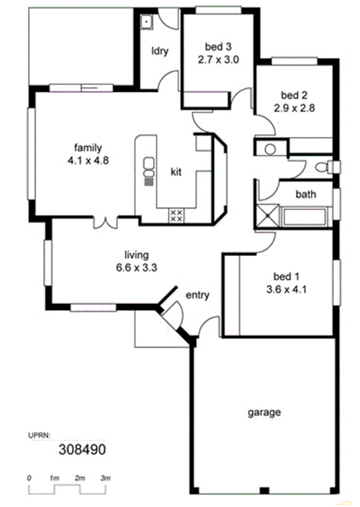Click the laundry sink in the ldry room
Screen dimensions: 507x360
click(147, 21)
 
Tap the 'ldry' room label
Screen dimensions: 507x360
click(160, 51)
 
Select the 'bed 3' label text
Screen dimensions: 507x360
click(218, 47)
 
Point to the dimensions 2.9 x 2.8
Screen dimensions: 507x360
click(294, 107)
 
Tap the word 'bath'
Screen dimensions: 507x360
click(306, 194)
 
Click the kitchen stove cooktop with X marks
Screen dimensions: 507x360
click(176, 215)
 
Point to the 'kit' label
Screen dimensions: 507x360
click(176, 172)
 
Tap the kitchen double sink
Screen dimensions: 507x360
click(149, 166)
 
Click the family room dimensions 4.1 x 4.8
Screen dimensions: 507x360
click(88, 160)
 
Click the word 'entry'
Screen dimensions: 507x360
click(197, 295)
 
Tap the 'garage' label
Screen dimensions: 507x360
click(264, 412)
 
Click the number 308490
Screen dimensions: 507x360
click(82, 449)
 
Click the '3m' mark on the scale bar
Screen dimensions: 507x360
click(105, 479)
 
